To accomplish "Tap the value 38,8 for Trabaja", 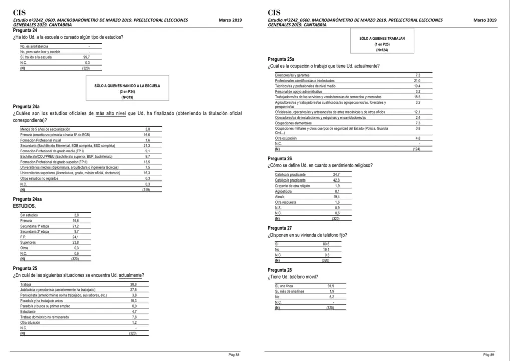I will tap(133, 284).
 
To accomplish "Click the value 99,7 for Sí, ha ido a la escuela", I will tap(86, 58).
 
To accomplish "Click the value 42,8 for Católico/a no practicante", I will tap(336, 180).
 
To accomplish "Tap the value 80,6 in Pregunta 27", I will tap(326, 244).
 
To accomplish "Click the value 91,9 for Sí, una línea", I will tap(330, 286).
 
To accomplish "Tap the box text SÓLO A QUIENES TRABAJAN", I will tap(382, 38).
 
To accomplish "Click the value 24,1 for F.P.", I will tap(76, 237).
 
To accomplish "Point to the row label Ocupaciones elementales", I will tap(293, 123).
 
